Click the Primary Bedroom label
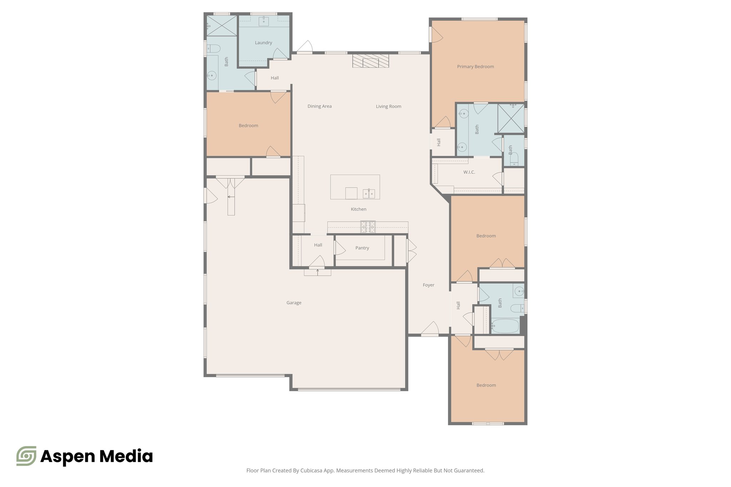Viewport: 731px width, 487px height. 475,67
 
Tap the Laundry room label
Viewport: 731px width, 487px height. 263,43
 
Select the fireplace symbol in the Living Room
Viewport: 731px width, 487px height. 370,61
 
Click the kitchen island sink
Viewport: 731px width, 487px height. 369,194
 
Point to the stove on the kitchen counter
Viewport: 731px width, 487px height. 368,227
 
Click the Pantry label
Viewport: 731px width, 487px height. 362,248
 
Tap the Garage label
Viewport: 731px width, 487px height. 294,303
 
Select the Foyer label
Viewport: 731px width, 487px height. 428,285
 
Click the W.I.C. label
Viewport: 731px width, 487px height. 469,172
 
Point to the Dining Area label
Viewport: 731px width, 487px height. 319,106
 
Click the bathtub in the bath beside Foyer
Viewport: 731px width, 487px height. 505,326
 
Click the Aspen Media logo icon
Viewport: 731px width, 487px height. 26,456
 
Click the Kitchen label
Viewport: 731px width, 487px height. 358,209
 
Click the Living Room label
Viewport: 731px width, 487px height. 388,106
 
